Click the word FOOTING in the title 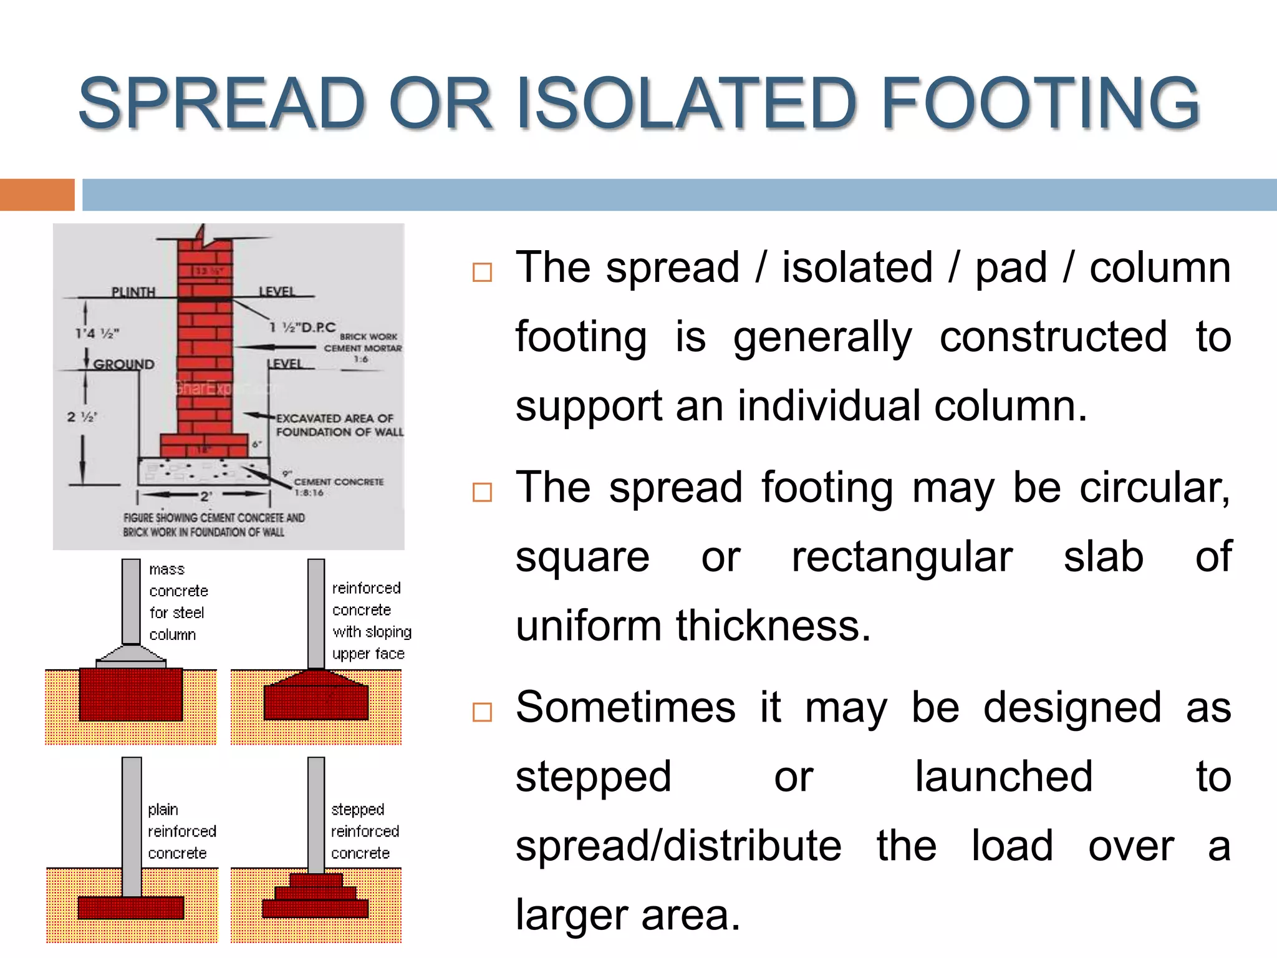(1040, 103)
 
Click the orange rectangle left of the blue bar (37, 195)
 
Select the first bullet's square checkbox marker (482, 273)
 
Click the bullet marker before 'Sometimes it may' (482, 712)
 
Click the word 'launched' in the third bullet (1003, 777)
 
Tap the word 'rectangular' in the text (902, 556)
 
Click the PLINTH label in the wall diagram (133, 292)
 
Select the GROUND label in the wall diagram (123, 364)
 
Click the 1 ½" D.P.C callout (303, 327)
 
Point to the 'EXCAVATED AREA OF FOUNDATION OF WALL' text (339, 425)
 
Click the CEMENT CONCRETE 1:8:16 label (338, 486)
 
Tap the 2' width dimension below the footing (206, 496)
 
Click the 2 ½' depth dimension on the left (82, 417)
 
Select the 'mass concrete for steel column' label (178, 602)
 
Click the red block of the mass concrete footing (131, 694)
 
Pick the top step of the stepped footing (316, 880)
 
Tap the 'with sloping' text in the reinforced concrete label (372, 632)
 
